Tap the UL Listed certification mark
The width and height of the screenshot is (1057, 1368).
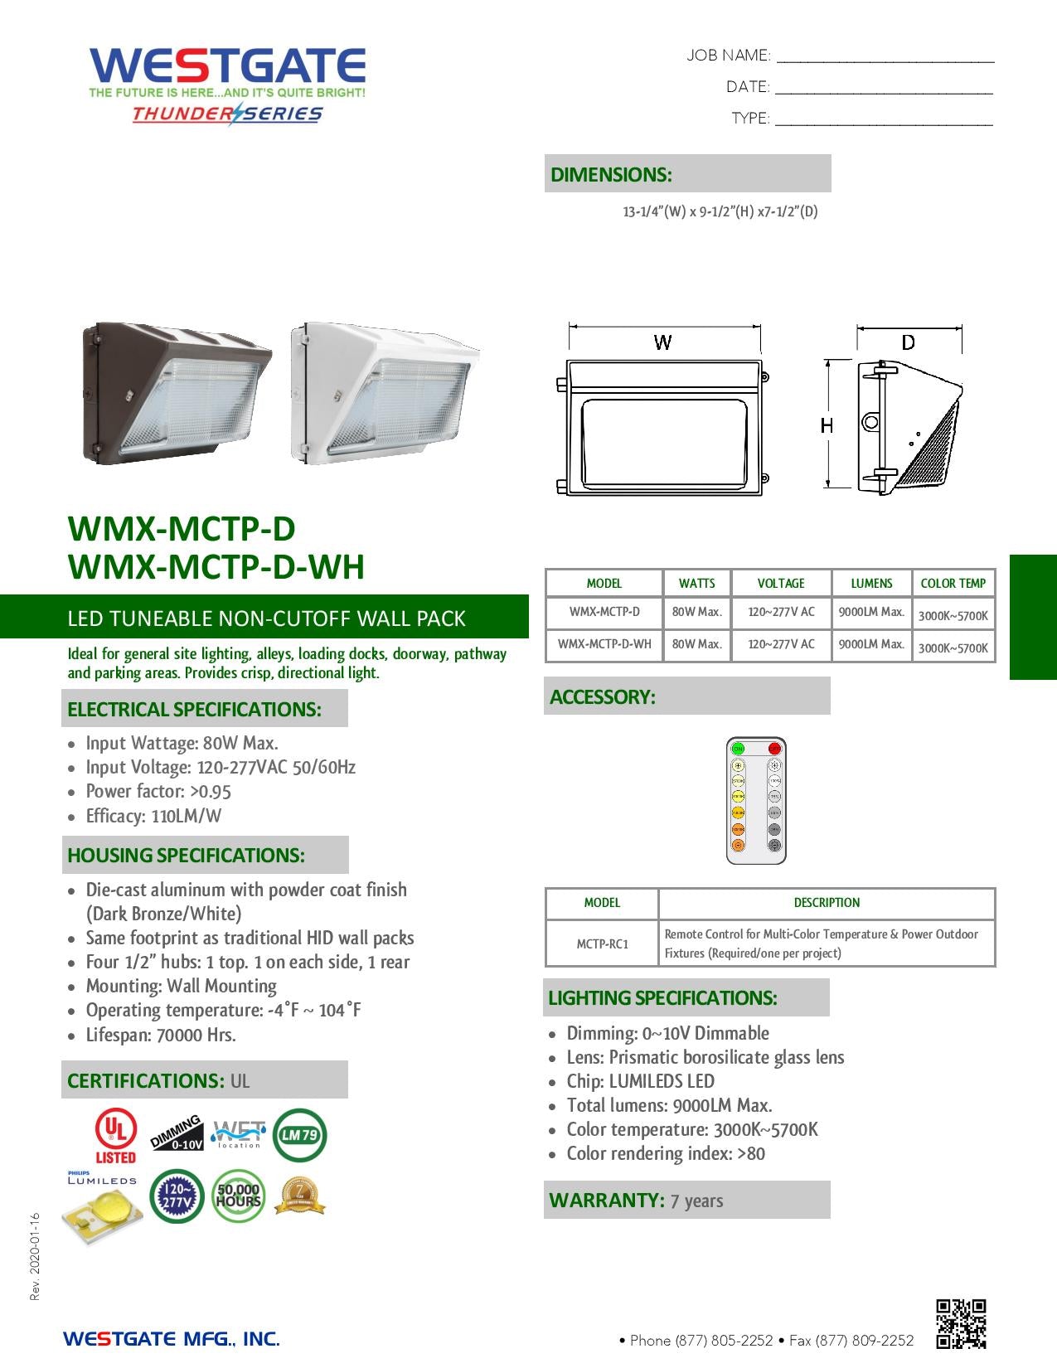115,1136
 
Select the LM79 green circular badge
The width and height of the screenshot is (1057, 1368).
299,1135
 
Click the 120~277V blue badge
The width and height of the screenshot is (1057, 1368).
177,1196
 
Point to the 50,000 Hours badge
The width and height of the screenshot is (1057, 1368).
238,1196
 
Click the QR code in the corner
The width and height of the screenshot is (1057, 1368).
961,1323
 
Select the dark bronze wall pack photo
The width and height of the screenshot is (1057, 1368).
176,392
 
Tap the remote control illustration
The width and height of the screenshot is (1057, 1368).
756,800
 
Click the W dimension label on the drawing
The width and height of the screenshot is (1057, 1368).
662,342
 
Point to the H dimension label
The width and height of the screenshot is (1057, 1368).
827,425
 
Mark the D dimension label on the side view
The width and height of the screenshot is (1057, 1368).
909,342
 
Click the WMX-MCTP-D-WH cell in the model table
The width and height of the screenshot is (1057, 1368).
604,644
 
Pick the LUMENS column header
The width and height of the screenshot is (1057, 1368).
871,583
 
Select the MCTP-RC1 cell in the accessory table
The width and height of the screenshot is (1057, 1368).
603,944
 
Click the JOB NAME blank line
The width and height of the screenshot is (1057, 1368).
885,56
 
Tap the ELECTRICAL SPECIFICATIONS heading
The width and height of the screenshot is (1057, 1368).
195,710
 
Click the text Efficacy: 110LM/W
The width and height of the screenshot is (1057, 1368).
153,816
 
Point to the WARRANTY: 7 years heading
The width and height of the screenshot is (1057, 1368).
636,1201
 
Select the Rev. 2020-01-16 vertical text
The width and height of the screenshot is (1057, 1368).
35,1256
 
